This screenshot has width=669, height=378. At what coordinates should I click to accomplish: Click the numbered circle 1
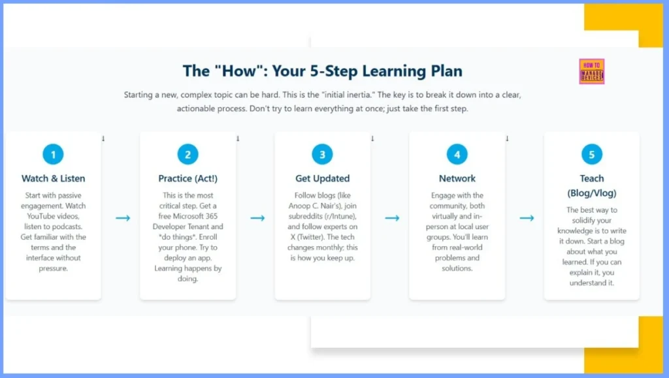pos(53,155)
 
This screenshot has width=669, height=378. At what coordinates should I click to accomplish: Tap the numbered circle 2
pos(188,155)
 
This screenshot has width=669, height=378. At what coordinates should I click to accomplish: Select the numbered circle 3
pos(322,155)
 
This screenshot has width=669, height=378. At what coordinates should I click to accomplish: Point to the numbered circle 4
pos(457,155)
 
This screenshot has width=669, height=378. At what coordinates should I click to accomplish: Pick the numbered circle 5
pos(591,155)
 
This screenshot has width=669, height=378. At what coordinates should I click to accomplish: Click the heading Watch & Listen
pos(53,178)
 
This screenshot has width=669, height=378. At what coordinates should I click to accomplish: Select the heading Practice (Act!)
pos(188,178)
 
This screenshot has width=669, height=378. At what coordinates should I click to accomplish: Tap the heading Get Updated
pos(322,178)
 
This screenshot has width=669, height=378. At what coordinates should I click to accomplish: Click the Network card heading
pos(457,178)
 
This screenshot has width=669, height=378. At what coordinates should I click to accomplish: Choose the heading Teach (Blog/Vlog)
pos(591,185)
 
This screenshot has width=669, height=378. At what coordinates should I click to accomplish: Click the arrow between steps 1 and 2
pos(123,217)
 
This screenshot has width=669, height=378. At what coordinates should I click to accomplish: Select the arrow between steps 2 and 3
pos(257,217)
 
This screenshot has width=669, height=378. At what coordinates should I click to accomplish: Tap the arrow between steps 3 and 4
pos(392,217)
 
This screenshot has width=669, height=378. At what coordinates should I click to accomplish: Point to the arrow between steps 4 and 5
pos(527,217)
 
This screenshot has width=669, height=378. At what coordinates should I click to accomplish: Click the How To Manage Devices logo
pos(591,72)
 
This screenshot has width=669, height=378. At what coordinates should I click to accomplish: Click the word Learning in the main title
pos(379,71)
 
